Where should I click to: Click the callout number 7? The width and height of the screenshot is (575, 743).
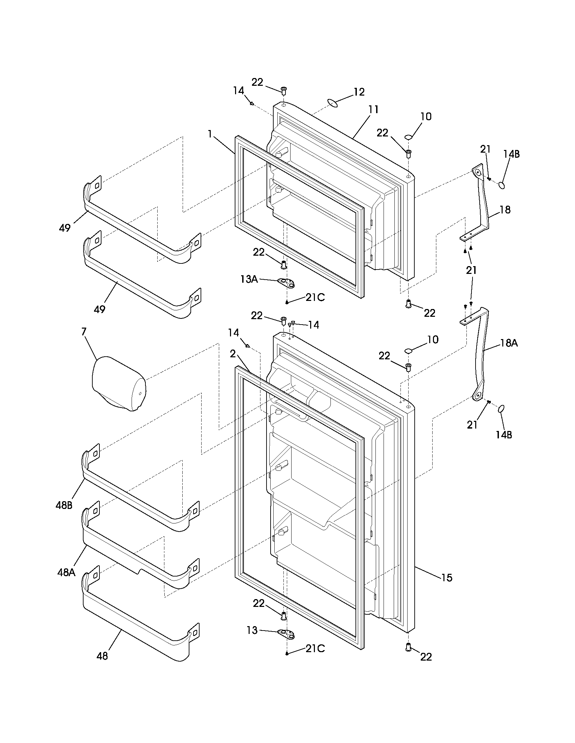pyautogui.click(x=84, y=331)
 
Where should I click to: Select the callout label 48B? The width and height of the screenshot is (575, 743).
pyautogui.click(x=64, y=505)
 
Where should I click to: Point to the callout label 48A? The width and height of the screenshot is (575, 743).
pyautogui.click(x=66, y=572)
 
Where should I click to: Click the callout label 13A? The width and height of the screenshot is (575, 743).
pyautogui.click(x=249, y=279)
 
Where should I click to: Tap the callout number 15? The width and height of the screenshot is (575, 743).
pyautogui.click(x=446, y=577)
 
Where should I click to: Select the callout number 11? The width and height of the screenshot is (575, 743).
pyautogui.click(x=373, y=109)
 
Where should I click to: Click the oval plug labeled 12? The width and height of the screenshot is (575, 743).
pyautogui.click(x=333, y=102)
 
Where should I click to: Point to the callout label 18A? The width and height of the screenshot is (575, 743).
pyautogui.click(x=509, y=343)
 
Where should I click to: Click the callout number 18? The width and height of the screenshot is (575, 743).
pyautogui.click(x=505, y=210)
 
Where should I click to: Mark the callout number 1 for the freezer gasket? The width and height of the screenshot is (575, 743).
pyautogui.click(x=210, y=134)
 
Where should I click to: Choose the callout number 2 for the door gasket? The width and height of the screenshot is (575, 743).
pyautogui.click(x=233, y=354)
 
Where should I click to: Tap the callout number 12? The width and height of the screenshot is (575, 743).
pyautogui.click(x=359, y=92)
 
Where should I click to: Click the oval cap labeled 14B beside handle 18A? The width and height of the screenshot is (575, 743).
pyautogui.click(x=501, y=409)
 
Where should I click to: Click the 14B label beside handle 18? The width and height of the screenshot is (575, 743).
pyautogui.click(x=512, y=154)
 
